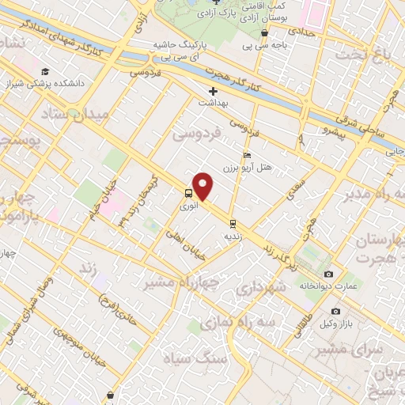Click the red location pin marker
203,187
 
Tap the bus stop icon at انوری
188,193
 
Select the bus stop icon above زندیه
232,224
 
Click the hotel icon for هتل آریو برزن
247,155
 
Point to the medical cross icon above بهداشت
214,91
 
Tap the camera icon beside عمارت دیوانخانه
329,274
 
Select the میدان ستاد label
70,115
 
